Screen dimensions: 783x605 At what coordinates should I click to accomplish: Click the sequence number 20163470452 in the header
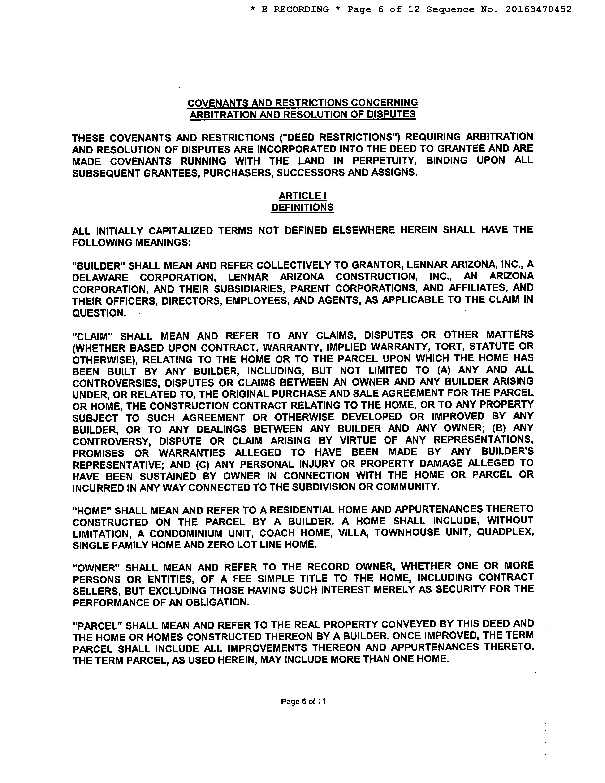pyautogui.click(x=538, y=9)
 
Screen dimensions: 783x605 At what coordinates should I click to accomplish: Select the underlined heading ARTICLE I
pyautogui.click(x=302, y=196)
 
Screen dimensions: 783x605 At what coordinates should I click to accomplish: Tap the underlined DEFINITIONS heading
pyautogui.click(x=302, y=208)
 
